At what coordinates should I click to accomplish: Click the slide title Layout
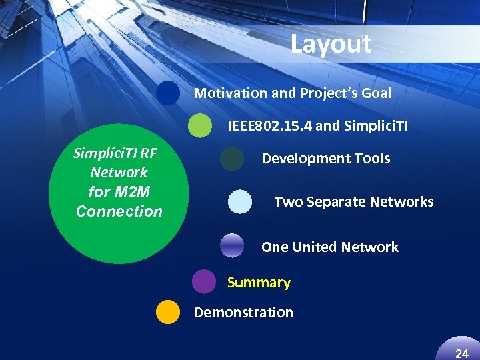331,44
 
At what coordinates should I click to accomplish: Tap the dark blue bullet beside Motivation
169,93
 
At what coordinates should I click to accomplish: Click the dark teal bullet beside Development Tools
232,159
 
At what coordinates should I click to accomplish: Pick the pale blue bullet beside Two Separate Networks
240,202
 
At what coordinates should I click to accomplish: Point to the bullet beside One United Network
232,246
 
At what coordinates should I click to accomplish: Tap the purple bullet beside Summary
204,281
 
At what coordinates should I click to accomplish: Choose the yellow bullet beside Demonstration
168,312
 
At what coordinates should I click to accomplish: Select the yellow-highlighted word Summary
259,283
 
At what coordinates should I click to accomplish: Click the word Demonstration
243,312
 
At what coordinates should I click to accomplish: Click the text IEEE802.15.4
269,125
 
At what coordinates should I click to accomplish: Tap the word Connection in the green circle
119,211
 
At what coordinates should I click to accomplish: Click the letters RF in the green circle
149,153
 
